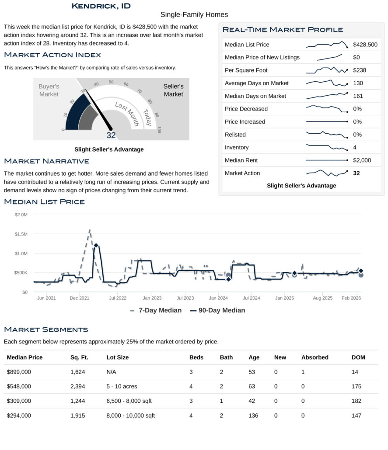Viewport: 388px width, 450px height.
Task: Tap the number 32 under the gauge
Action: tap(111, 135)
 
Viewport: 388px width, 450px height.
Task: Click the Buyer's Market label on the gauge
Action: tap(49, 90)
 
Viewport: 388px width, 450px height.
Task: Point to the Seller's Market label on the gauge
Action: tap(173, 90)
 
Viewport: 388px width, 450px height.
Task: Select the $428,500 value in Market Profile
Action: tap(365, 45)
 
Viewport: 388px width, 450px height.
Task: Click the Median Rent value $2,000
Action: tap(362, 160)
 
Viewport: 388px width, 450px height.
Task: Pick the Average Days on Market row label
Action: tap(257, 83)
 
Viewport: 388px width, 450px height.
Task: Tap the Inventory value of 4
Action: tap(355, 147)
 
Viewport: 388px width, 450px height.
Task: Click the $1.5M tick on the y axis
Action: tap(21, 234)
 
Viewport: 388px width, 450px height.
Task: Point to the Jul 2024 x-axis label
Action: tap(252, 298)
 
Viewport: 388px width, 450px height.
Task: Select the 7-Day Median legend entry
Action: tap(156, 310)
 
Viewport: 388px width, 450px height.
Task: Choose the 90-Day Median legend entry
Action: tap(217, 310)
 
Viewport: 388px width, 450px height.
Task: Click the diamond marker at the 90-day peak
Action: tap(96, 246)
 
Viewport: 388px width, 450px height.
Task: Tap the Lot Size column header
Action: tap(118, 357)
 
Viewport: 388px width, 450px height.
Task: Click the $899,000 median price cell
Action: tap(19, 372)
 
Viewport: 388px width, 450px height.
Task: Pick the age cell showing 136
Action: tap(254, 415)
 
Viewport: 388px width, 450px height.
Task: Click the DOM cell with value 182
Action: tap(357, 401)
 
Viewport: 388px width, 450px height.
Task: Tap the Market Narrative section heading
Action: tap(47, 162)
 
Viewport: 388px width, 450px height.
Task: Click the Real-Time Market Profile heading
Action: tap(283, 30)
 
